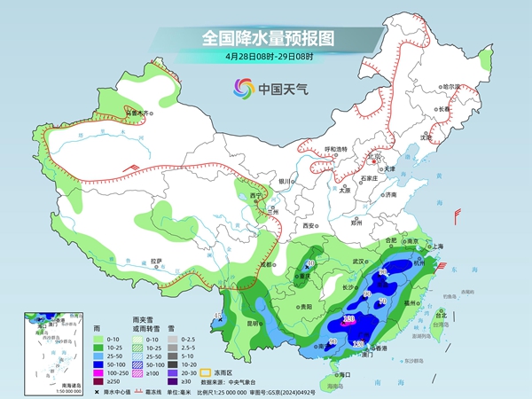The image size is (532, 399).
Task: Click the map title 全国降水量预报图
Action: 265,38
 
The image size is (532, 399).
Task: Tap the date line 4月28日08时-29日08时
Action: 265,58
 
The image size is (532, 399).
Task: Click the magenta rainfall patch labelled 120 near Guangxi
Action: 349,319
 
